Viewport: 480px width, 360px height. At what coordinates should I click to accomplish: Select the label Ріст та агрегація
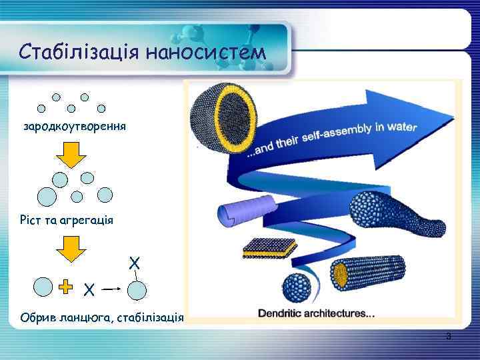[67, 219]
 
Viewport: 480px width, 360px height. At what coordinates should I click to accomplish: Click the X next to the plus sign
[88, 289]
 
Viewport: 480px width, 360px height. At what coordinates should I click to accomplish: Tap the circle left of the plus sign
[43, 286]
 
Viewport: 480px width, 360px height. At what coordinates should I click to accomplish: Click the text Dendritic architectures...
[317, 313]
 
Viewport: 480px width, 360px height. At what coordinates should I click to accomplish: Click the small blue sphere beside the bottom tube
[297, 286]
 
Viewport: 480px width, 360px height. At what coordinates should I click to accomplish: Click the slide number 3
[449, 337]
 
